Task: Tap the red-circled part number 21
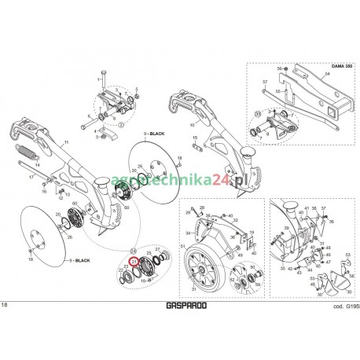[x=134, y=260]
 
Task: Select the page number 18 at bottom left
[x=6, y=304]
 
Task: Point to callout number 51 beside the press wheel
[x=183, y=247]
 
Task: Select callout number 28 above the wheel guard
[x=202, y=207]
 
